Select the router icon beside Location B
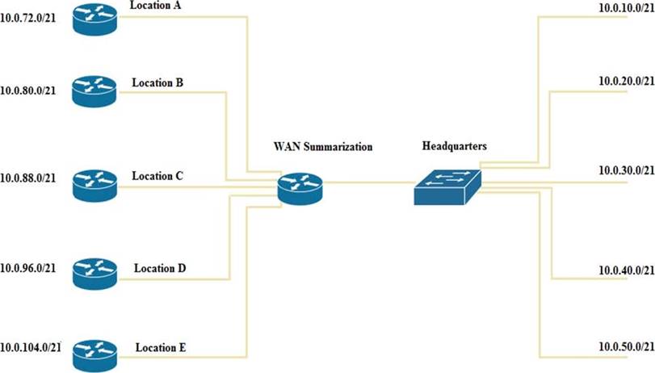(x=94, y=91)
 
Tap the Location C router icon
(x=94, y=185)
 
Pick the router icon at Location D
(x=94, y=275)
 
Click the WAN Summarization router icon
(x=300, y=189)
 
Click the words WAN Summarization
(x=323, y=147)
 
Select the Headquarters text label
(x=454, y=145)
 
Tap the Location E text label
(x=162, y=348)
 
